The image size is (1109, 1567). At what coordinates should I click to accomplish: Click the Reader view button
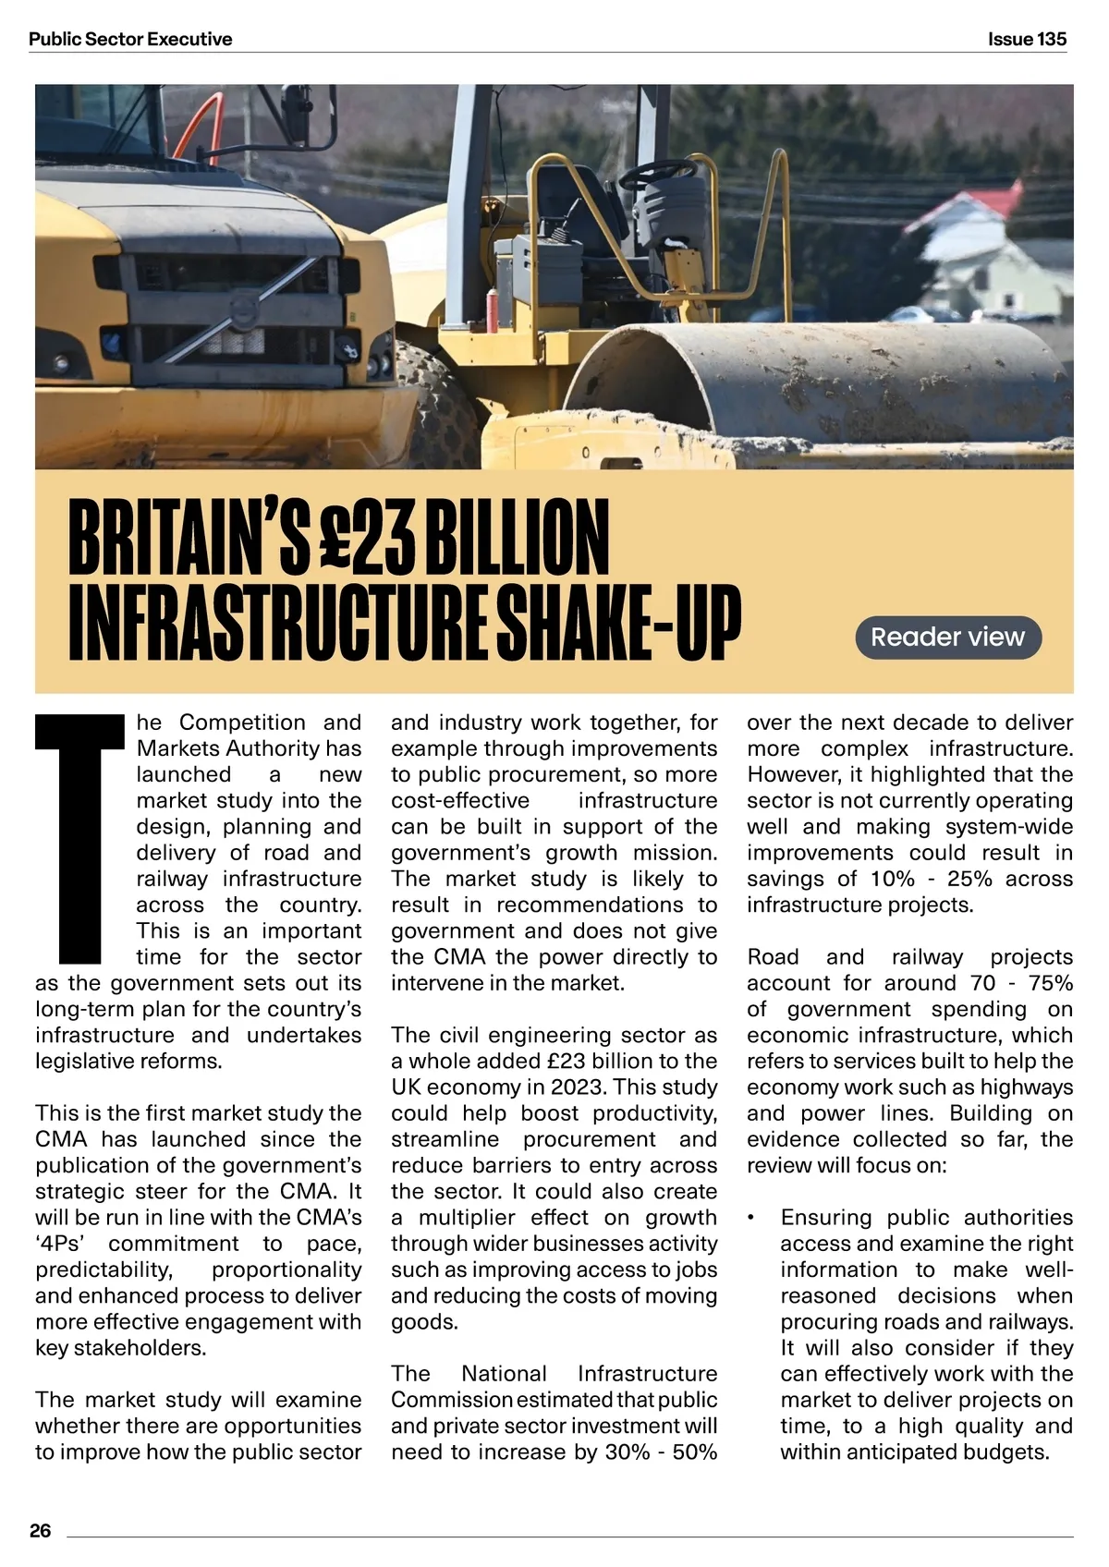tap(947, 637)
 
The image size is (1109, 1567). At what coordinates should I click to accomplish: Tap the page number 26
tap(41, 1530)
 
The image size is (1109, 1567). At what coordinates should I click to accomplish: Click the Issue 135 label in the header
tap(1026, 39)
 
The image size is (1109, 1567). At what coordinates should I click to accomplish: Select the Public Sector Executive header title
tap(130, 39)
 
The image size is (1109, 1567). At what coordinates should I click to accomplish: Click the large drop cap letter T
tap(79, 837)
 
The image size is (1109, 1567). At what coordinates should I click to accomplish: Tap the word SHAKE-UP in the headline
tap(618, 621)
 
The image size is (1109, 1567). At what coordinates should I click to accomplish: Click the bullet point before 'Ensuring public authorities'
tap(752, 1219)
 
